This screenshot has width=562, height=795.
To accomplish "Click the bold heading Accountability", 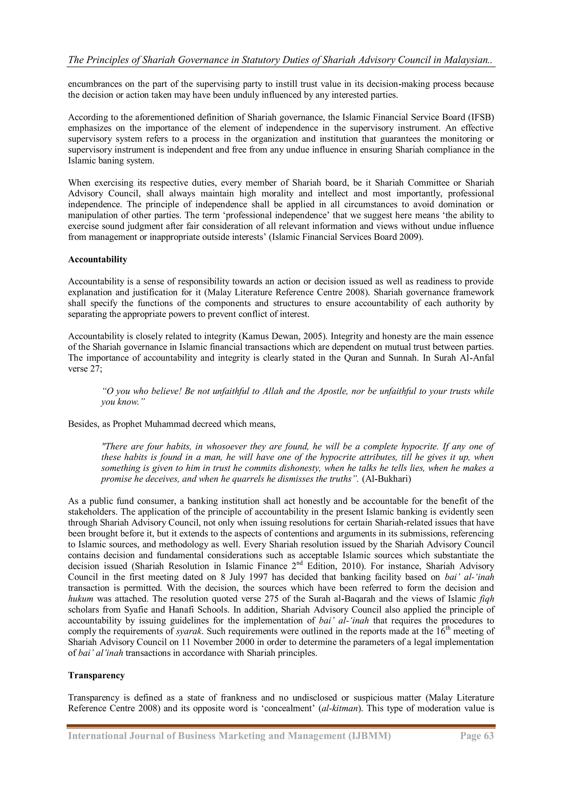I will [98, 259].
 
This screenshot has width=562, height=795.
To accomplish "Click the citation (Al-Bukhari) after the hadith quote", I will [388, 479].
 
